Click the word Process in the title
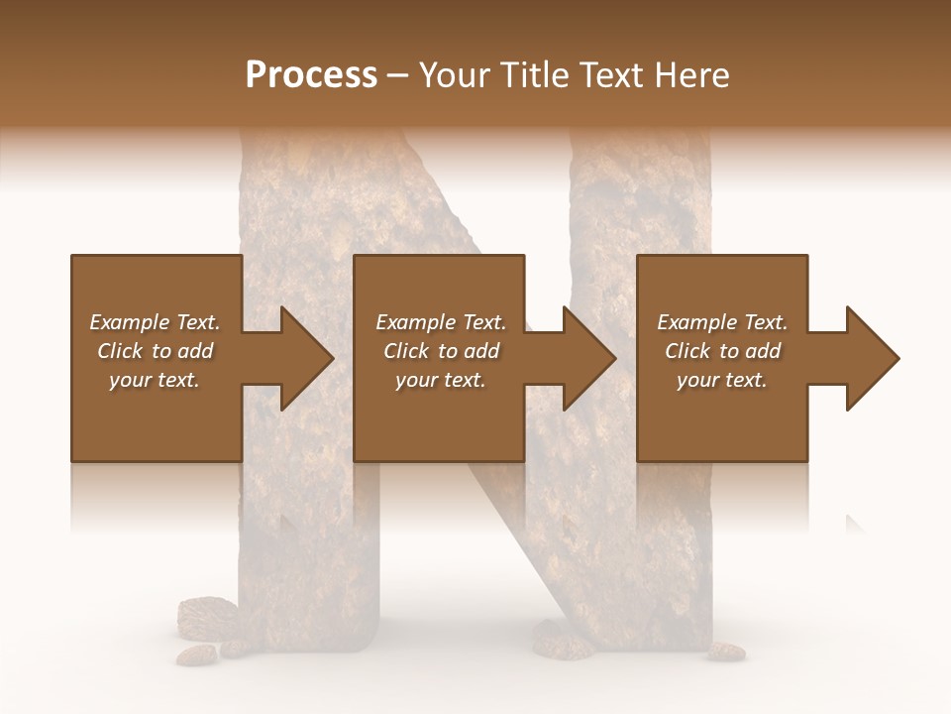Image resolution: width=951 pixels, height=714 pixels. click(x=311, y=75)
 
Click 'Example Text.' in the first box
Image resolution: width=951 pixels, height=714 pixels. click(x=155, y=322)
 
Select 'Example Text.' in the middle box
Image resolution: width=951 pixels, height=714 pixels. click(x=441, y=322)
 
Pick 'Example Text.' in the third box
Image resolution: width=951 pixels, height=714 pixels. click(x=722, y=322)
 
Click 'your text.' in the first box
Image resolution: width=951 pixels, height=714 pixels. click(x=155, y=380)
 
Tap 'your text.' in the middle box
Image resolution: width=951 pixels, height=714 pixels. click(x=441, y=380)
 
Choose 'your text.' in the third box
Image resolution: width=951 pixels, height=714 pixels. click(x=722, y=380)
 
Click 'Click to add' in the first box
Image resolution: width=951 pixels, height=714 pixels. click(x=155, y=351)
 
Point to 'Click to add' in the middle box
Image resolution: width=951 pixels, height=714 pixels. click(x=441, y=351)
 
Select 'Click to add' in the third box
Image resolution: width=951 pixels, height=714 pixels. click(x=722, y=351)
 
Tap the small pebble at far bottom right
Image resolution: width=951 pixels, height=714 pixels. click(x=727, y=652)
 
